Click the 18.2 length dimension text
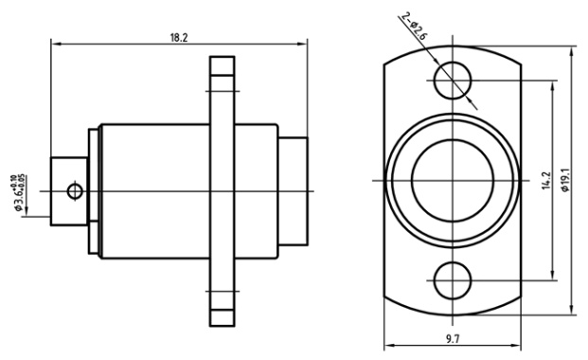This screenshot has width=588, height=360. (179, 38)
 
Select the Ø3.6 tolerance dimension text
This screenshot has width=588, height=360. (19, 192)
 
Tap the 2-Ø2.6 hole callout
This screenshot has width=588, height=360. (415, 27)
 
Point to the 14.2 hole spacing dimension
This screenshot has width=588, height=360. (546, 180)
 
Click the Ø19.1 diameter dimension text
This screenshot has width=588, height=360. (565, 180)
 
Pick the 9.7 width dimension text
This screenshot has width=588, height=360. (453, 339)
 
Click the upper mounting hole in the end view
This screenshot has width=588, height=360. (453, 81)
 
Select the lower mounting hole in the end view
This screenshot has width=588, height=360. (453, 280)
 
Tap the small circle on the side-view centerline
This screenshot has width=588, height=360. (75, 191)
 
